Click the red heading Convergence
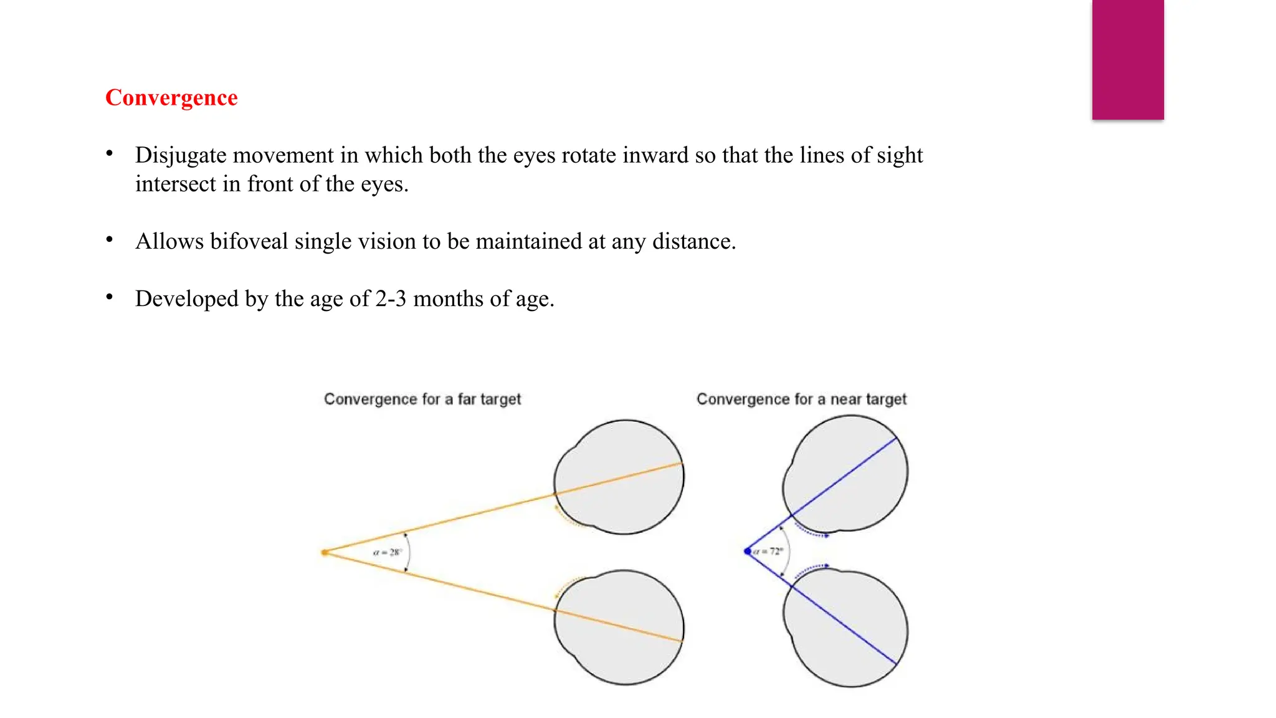click(171, 98)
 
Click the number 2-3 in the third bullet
click(391, 299)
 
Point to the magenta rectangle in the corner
click(1128, 59)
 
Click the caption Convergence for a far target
click(422, 399)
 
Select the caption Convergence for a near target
click(801, 399)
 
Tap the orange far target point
click(325, 552)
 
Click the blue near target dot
click(748, 552)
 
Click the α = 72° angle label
click(768, 552)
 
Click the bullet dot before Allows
click(110, 240)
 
